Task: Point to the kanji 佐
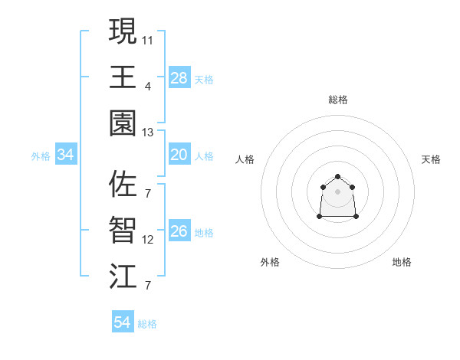(123, 184)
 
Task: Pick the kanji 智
(123, 230)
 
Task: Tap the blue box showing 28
(179, 78)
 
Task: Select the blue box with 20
(179, 155)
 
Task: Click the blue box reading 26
(179, 232)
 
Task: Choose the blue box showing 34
(66, 155)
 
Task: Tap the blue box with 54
(122, 322)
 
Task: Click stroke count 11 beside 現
(148, 39)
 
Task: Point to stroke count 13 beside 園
(148, 132)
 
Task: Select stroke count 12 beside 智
(148, 240)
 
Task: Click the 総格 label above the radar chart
(338, 100)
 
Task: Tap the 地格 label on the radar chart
(402, 262)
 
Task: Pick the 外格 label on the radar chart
(270, 262)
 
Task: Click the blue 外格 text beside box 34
(41, 156)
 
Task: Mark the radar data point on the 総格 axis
(337, 177)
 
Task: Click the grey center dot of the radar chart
(337, 191)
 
